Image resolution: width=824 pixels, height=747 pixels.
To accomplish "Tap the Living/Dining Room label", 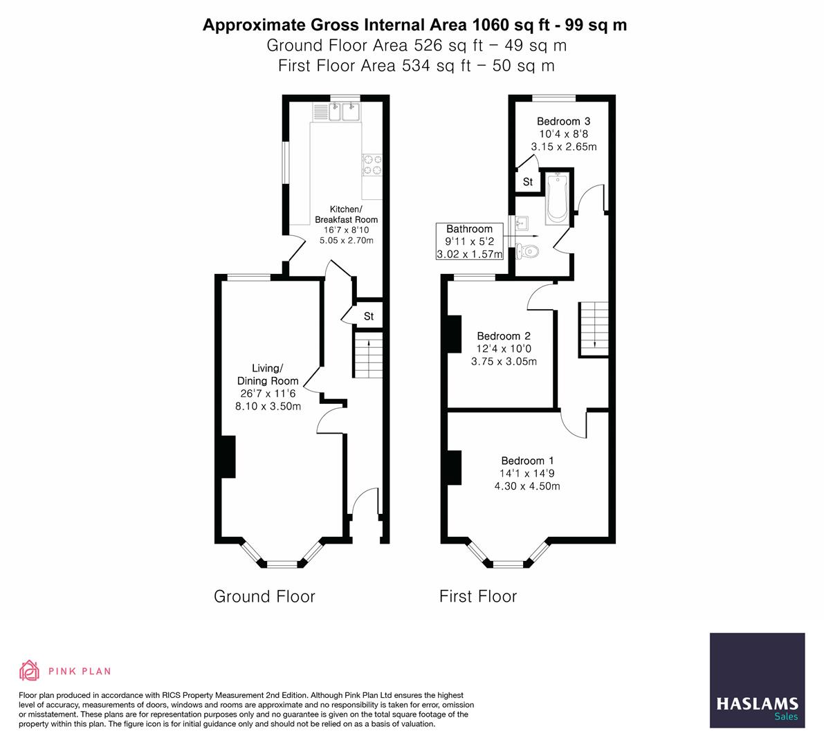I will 268,375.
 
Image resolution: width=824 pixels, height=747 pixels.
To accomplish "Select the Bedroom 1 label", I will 527,461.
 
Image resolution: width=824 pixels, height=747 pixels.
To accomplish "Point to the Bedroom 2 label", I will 504,336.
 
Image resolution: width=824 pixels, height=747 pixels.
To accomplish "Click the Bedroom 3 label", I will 563,122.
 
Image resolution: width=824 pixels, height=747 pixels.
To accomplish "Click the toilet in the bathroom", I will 529,252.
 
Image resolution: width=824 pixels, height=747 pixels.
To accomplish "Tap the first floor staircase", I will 594,328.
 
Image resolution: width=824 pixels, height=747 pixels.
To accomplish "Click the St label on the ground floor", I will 369,316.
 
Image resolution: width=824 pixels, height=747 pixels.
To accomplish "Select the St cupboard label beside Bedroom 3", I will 528,182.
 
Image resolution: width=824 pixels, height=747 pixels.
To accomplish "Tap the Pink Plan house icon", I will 30,670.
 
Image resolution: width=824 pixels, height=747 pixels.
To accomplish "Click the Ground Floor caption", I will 264,596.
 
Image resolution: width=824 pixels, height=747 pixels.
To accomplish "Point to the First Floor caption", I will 478,596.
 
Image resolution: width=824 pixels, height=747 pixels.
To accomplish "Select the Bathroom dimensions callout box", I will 469,241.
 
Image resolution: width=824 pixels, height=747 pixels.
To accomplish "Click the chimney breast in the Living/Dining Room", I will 228,456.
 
